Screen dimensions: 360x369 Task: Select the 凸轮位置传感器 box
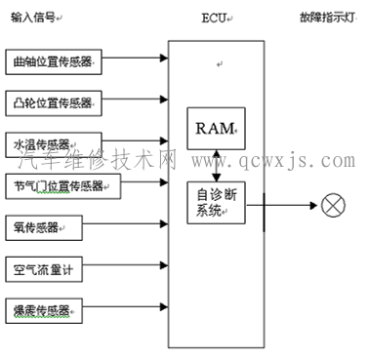click(55, 101)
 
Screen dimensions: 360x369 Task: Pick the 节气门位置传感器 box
click(61, 185)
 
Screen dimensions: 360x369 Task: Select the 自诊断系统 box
click(216, 202)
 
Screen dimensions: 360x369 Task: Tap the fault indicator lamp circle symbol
click(330, 205)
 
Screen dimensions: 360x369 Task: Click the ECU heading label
click(213, 18)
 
